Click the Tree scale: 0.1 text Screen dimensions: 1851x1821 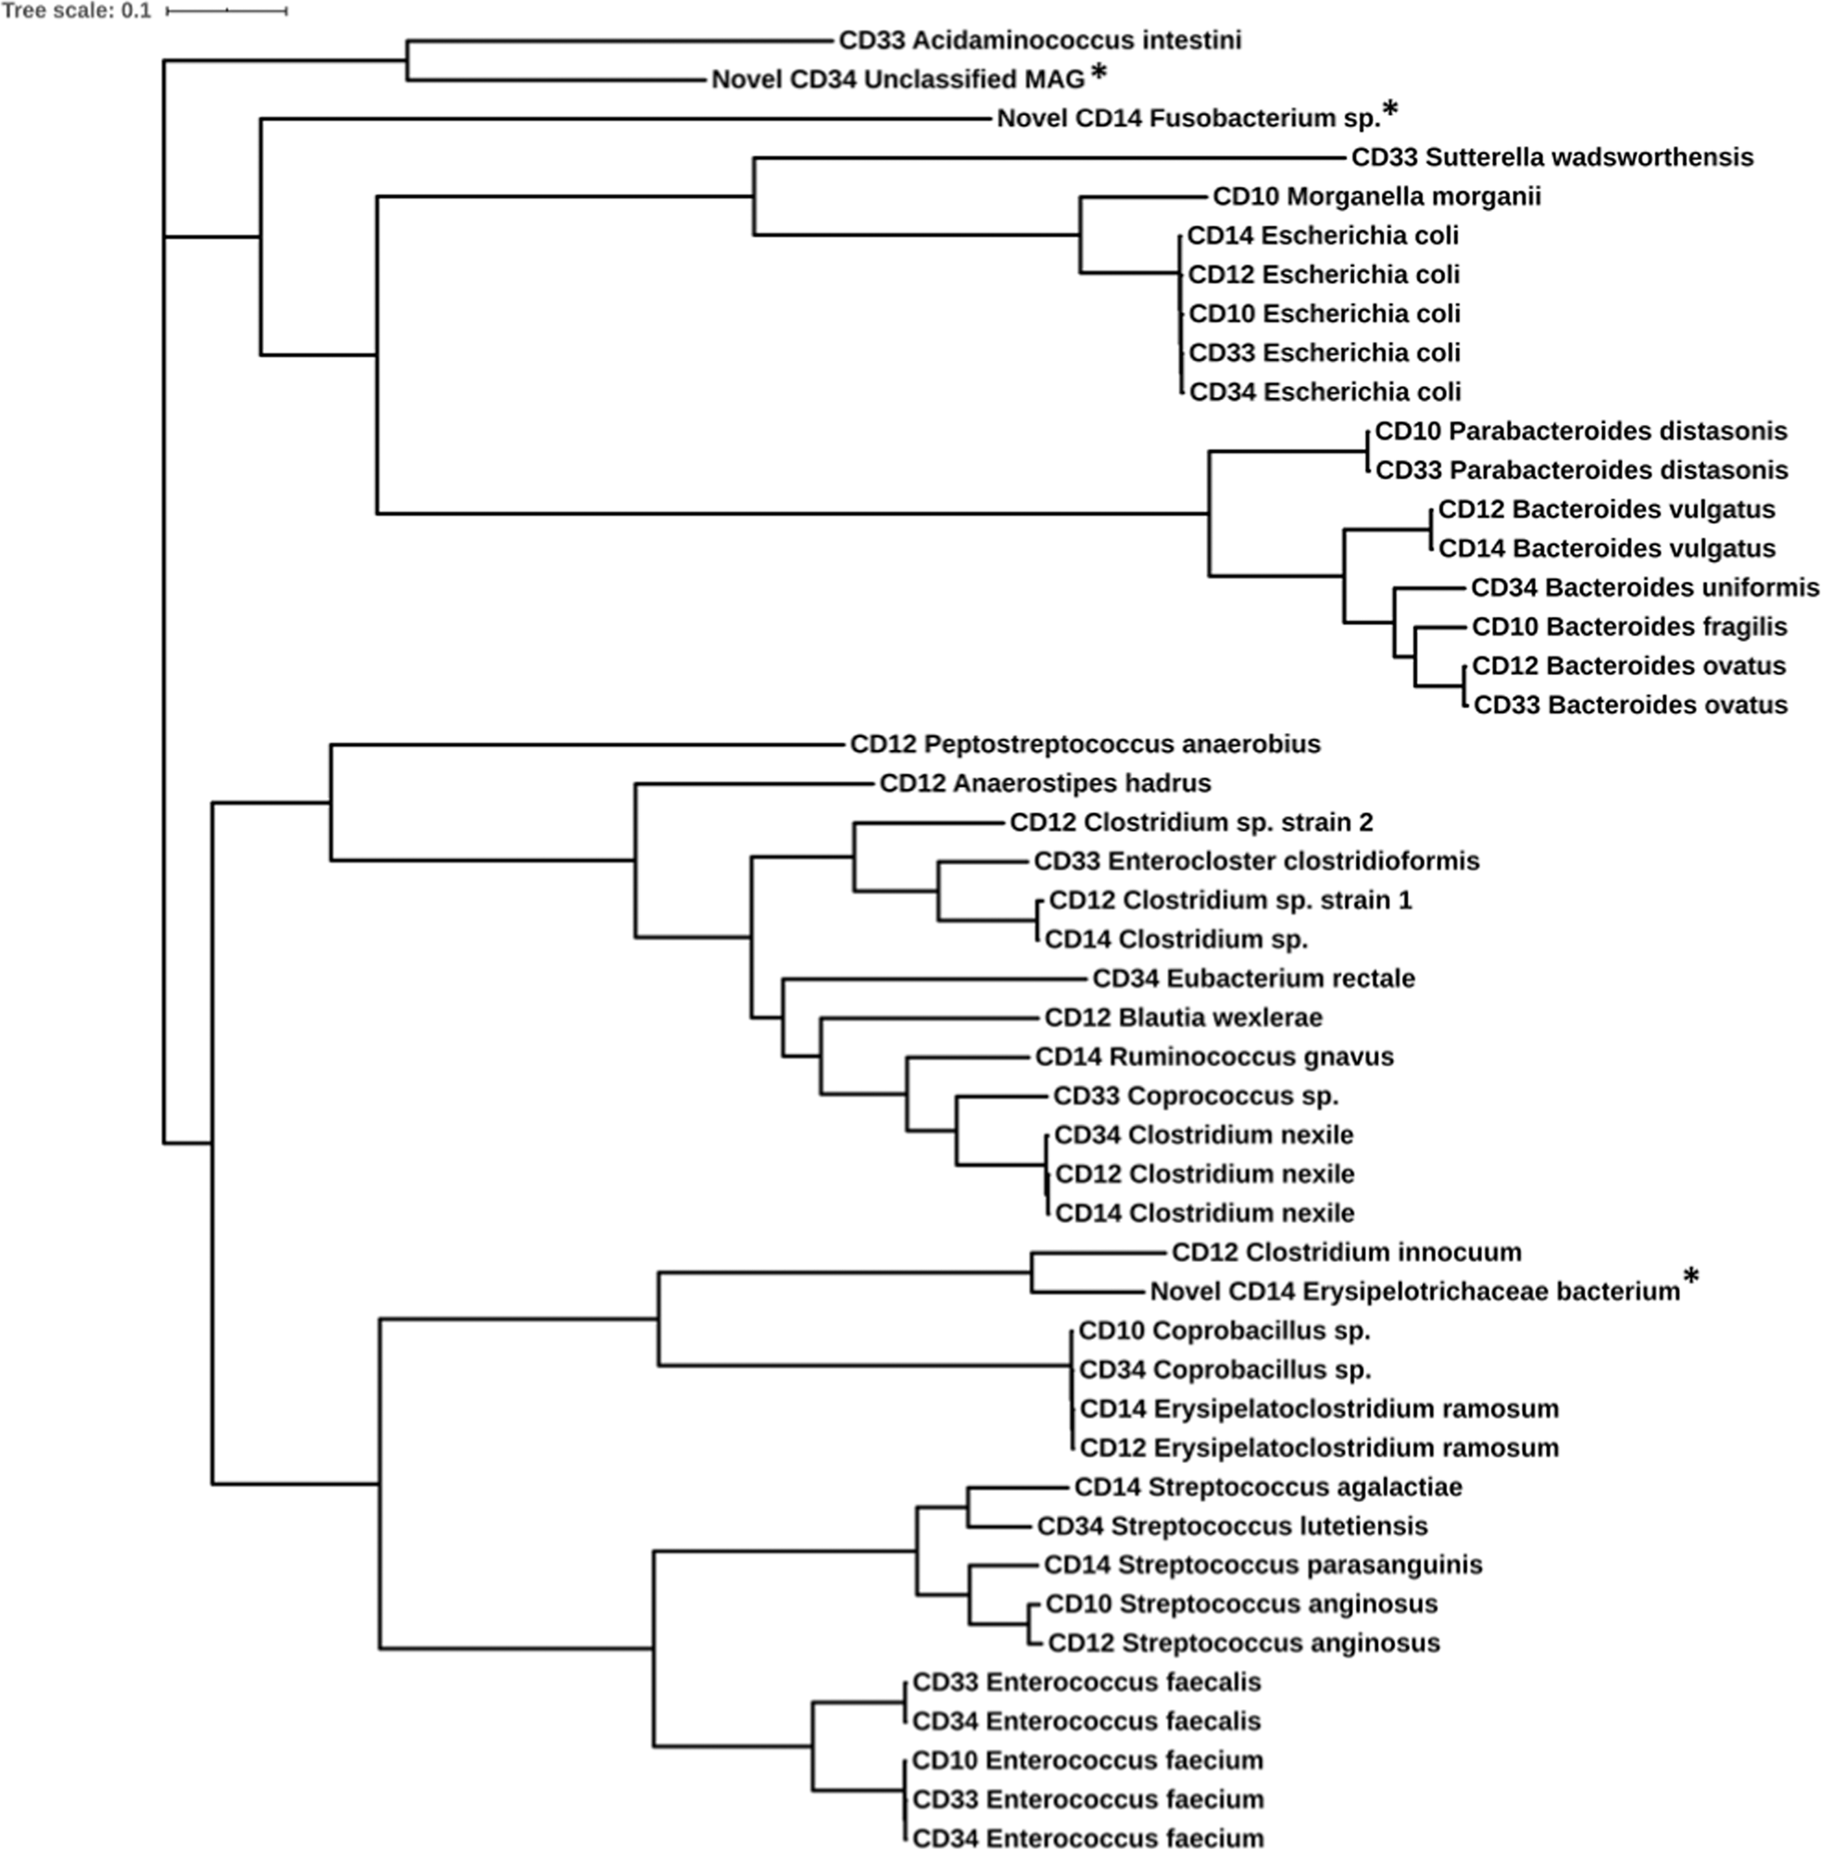tap(76, 11)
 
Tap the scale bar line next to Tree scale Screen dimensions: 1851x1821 tap(227, 11)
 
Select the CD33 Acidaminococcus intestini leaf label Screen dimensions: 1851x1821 tap(1039, 40)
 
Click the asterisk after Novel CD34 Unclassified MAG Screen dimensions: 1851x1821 tap(1099, 74)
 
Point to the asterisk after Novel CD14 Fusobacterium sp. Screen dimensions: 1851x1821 tap(1389, 112)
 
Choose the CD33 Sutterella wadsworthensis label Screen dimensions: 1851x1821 tap(1552, 156)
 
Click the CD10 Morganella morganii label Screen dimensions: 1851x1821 tap(1376, 196)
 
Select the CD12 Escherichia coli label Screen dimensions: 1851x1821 tap(1324, 274)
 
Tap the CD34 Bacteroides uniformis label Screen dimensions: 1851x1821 tap(1644, 587)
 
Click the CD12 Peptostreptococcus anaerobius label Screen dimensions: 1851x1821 tap(1085, 744)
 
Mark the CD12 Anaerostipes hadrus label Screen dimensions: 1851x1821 tap(1045, 783)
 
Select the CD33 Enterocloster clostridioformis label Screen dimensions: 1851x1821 tap(1256, 860)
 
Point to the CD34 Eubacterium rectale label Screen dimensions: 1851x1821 tap(1253, 978)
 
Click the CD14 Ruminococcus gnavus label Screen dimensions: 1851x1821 tap(1213, 1057)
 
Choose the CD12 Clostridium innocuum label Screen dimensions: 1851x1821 tap(1346, 1252)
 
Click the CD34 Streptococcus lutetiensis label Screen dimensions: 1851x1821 tap(1232, 1526)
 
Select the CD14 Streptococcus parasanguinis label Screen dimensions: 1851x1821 tap(1262, 1565)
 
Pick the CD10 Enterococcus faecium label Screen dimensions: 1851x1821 tap(1087, 1760)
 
